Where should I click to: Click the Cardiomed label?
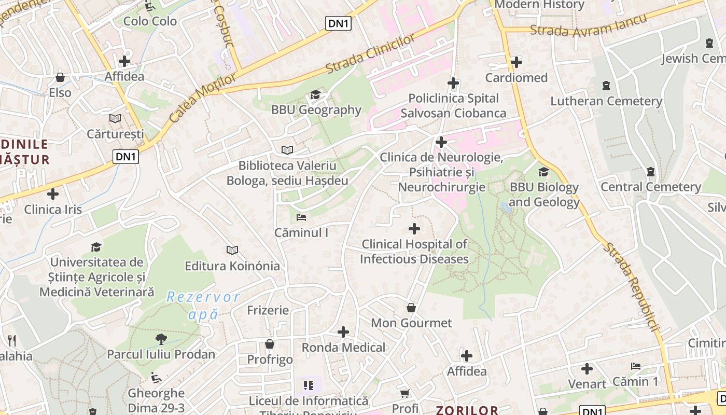click(x=516, y=78)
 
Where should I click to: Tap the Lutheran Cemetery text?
click(x=606, y=101)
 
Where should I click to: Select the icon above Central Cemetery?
click(x=651, y=172)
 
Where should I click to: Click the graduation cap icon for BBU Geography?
click(x=315, y=94)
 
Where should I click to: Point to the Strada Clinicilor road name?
click(x=370, y=54)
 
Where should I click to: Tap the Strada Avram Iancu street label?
click(x=589, y=25)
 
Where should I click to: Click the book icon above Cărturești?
click(x=115, y=119)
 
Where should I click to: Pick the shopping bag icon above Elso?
click(x=60, y=78)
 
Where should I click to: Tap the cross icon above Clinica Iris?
click(x=53, y=195)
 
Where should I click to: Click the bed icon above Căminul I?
click(x=301, y=217)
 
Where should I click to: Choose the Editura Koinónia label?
click(x=232, y=266)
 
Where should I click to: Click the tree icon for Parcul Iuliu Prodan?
click(x=161, y=339)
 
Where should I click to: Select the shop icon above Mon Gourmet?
click(x=411, y=308)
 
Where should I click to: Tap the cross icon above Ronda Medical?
click(x=343, y=332)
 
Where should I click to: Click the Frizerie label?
click(x=268, y=310)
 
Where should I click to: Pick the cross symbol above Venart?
click(x=587, y=369)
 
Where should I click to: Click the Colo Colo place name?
click(x=150, y=21)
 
